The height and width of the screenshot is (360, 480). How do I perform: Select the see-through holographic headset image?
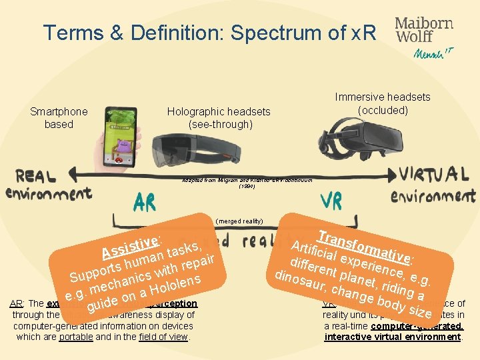(193, 150)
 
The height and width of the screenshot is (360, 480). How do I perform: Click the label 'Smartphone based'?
(59, 118)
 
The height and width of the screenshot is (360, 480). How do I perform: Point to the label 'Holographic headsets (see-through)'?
(219, 118)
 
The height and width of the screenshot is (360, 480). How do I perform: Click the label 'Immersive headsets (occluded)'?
(383, 103)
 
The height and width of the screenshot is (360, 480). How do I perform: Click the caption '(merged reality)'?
(239, 221)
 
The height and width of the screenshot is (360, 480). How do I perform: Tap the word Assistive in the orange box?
(129, 246)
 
